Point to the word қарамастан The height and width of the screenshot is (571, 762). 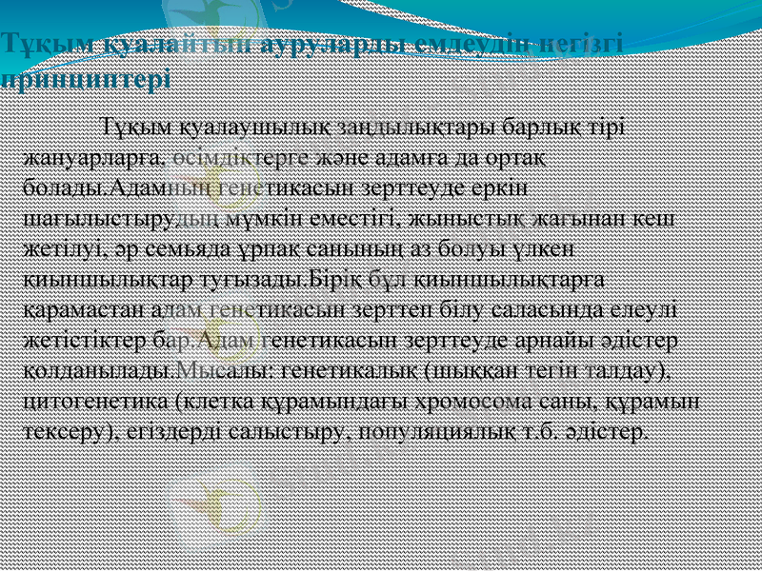pos(73,308)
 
